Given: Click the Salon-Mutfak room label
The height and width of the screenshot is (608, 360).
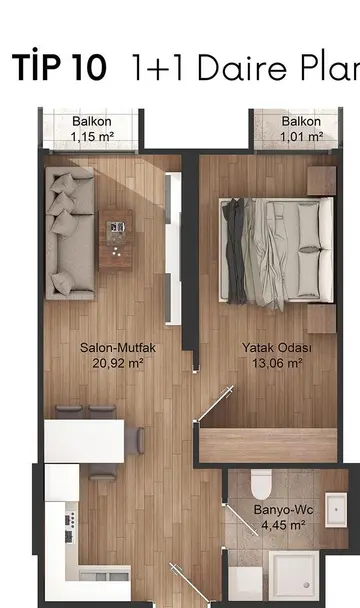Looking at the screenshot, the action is point(118,347).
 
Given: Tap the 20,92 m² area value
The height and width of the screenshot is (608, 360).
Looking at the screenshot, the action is point(118,363).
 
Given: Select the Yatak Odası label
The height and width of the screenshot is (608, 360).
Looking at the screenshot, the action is point(277,347).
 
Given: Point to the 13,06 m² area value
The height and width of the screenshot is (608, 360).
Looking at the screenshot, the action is point(277,363).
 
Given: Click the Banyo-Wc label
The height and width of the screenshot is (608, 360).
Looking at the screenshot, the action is point(283,510).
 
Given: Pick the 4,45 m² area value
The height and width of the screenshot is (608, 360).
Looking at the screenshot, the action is point(283,525).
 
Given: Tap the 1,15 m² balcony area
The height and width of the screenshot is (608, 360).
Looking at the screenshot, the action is point(92,136).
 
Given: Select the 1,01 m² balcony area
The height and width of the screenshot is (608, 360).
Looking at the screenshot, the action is point(301,136).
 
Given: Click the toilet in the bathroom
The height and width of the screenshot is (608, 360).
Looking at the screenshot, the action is point(261,485).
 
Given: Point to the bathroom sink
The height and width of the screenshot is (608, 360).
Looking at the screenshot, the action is point(336,510).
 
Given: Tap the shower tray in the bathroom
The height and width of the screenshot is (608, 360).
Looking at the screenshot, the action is point(294,576).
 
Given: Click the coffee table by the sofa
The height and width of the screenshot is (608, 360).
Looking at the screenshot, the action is point(116,240).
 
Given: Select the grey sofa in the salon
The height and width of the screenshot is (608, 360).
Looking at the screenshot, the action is point(70,233).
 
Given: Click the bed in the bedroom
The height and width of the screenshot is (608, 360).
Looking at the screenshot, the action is point(276,250).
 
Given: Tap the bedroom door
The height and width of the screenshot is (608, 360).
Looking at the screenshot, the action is point(216,403).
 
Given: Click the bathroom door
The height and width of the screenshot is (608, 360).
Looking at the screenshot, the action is point(241,520).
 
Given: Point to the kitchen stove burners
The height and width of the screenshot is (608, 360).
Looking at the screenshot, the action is point(71,526).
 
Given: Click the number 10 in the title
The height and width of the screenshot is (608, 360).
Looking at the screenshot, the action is point(89,67).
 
